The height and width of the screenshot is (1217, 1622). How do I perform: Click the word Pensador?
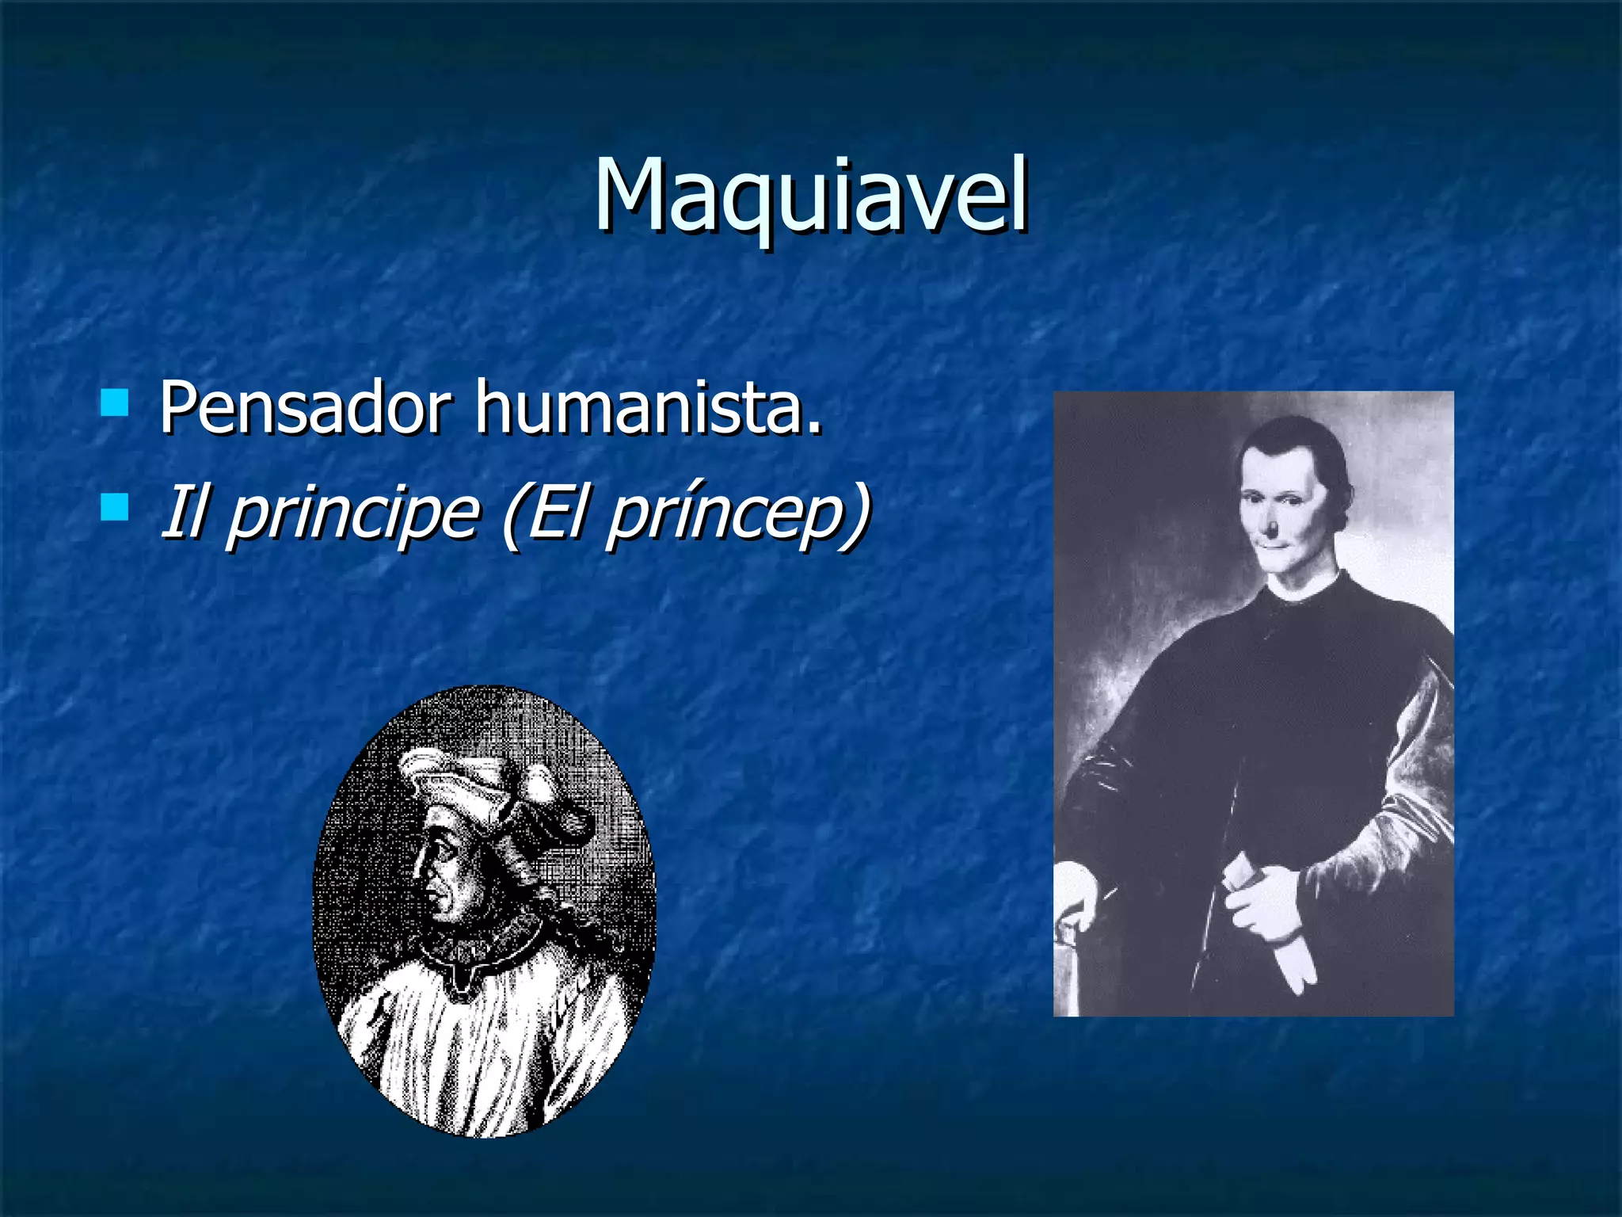[x=306, y=408]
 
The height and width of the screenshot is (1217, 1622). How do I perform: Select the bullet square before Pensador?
[x=116, y=402]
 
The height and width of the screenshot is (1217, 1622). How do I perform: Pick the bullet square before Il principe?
[x=116, y=507]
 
